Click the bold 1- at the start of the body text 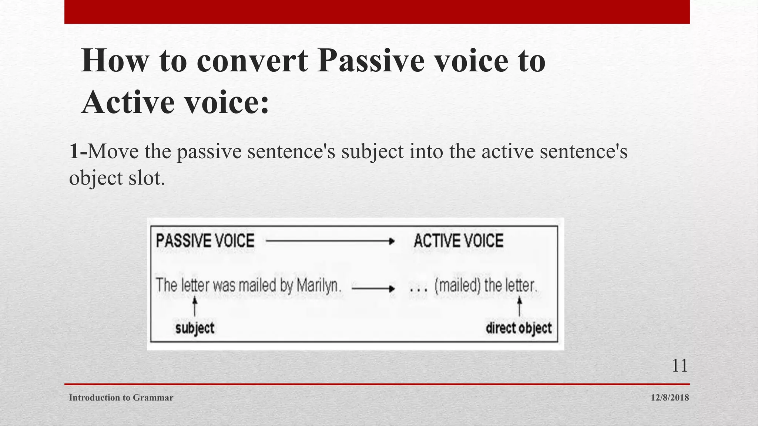coord(78,151)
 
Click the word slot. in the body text coord(147,178)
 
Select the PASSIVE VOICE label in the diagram coord(205,241)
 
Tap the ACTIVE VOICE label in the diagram coord(459,241)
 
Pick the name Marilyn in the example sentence coord(318,285)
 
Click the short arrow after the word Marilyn coord(373,288)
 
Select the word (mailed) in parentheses coord(458,285)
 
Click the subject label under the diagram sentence coord(195,328)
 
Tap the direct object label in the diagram coord(519,328)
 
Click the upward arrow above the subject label coord(195,307)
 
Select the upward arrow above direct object coord(519,307)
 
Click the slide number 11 coord(680,366)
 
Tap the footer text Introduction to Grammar coord(121,398)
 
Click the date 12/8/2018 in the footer coord(670,398)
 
